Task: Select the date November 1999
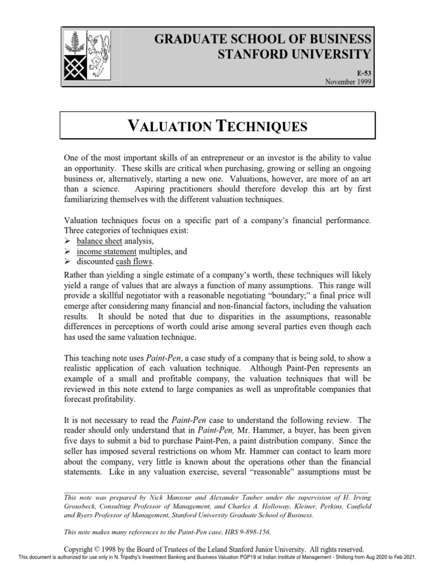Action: pyautogui.click(x=348, y=82)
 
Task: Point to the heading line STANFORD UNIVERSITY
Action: pyautogui.click(x=295, y=54)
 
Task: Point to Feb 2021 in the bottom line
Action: pyautogui.click(x=403, y=557)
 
